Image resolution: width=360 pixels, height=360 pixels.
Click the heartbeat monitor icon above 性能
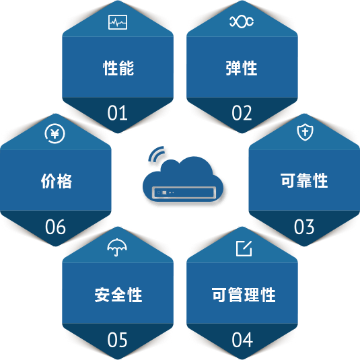coord(118,22)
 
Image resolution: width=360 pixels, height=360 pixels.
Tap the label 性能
coord(118,68)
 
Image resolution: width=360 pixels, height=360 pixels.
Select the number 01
coord(117,113)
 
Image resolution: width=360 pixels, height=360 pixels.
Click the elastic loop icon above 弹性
coord(242,22)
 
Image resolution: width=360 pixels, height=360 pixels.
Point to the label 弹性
coord(242,68)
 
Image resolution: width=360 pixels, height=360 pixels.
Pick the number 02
coord(242,113)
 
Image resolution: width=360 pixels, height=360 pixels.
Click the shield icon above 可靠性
coord(305,132)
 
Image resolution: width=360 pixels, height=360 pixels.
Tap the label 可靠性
coord(304,181)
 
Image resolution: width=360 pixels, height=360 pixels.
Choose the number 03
coord(304,227)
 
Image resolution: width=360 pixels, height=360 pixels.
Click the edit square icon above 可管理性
coord(244,248)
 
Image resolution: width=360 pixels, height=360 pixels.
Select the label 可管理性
coord(244,295)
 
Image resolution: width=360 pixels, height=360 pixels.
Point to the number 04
coord(242,340)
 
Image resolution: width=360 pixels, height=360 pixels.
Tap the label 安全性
coord(118,295)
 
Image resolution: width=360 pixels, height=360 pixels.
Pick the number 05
coord(117,340)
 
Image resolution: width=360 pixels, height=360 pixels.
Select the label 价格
coord(57,181)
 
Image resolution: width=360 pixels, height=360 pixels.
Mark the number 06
coord(55,227)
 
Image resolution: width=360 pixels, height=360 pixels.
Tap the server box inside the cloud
coord(184,192)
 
